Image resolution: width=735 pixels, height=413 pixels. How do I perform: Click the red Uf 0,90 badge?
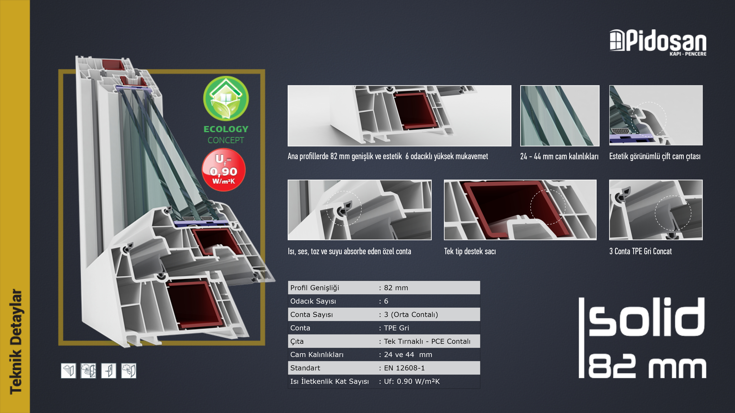coord(224,170)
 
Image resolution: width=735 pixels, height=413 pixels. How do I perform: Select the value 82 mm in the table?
coord(396,288)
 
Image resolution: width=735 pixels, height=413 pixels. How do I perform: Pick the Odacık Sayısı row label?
coord(313,301)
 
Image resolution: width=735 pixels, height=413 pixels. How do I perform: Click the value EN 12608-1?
coord(404,368)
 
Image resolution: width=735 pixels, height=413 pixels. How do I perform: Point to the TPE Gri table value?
coord(396,328)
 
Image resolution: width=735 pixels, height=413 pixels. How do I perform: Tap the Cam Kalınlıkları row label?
coord(317,355)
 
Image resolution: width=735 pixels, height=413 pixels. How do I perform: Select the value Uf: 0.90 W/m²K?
coord(412,381)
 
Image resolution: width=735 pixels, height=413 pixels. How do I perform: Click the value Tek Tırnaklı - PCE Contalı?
coord(427,341)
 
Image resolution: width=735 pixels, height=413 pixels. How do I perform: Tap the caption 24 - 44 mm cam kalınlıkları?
coord(559,156)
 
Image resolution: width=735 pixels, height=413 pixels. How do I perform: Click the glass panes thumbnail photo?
coord(560,115)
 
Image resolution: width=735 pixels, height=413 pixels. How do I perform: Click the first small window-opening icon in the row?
coord(69,371)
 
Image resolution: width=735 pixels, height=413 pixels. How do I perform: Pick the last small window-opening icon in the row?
coord(129,371)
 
